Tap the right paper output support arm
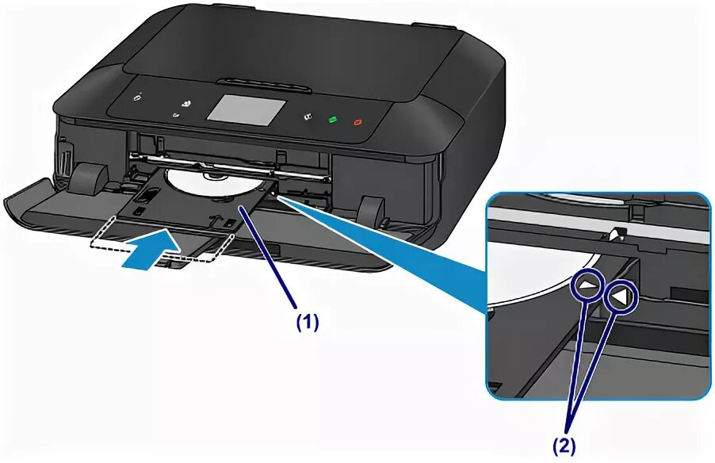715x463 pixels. [x=369, y=210]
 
